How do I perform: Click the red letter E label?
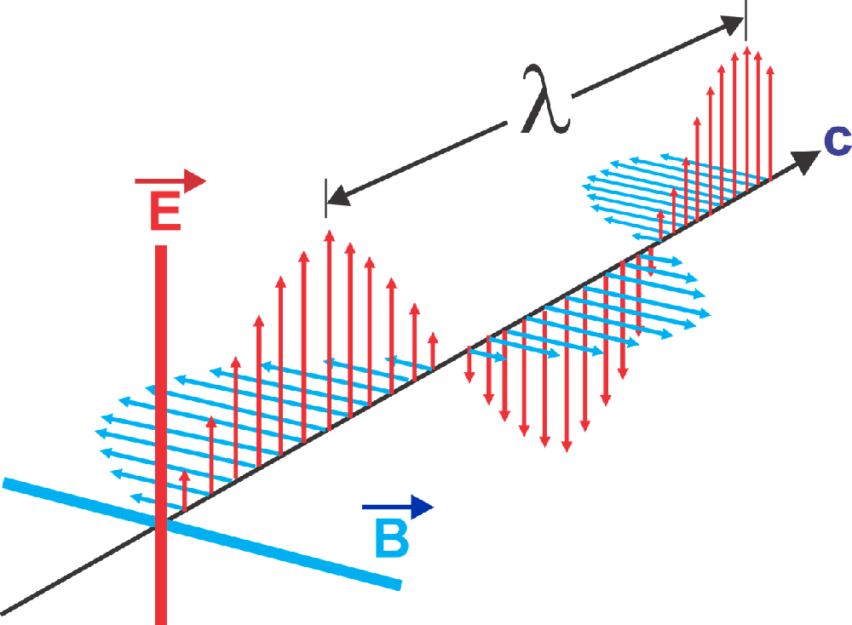tap(165, 212)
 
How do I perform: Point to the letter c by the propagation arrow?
tap(837, 140)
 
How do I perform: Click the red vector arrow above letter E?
tap(170, 181)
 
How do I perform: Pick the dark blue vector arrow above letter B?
tap(399, 508)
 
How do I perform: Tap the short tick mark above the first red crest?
tap(325, 192)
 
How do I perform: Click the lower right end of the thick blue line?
tap(398, 584)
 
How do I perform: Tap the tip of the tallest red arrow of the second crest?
tap(747, 49)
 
